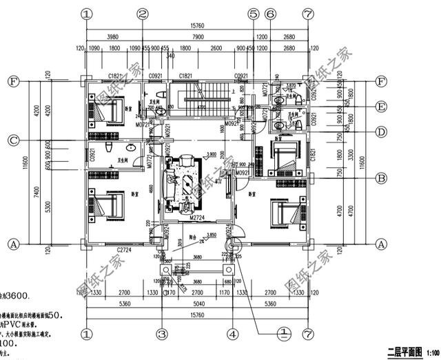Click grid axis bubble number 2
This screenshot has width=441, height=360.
[143, 13]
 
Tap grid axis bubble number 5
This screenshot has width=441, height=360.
[253, 13]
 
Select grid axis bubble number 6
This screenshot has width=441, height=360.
[270, 13]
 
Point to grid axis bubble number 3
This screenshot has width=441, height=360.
[162, 334]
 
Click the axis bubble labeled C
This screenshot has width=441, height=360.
[12, 140]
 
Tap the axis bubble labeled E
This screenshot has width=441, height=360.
[381, 106]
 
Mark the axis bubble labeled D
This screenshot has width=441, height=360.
[381, 131]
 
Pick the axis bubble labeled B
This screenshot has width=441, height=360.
[381, 177]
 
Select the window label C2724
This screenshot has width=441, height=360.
[124, 249]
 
